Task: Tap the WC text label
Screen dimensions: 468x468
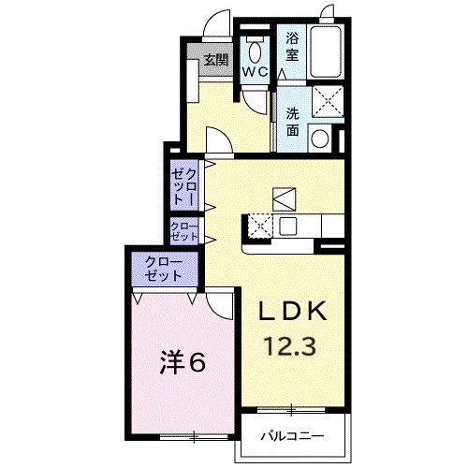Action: tap(255, 72)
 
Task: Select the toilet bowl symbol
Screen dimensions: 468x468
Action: tap(254, 50)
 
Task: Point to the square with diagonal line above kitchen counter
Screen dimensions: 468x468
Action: tap(285, 197)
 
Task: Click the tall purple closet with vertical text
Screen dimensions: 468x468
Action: tap(183, 185)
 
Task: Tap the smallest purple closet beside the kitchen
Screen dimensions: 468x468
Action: tap(183, 230)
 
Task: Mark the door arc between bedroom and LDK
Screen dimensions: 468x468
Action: tap(222, 304)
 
